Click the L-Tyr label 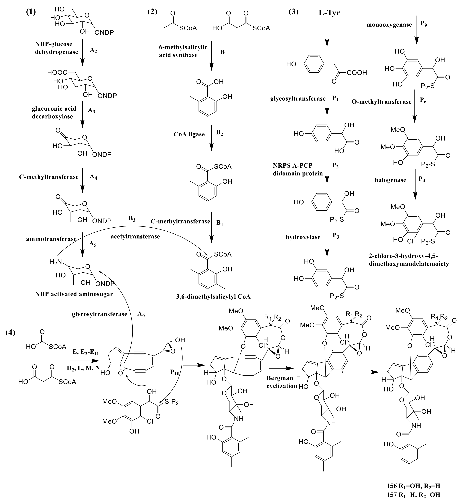click(329, 13)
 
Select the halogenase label click(390, 180)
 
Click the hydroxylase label click(303, 237)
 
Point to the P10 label click(175, 372)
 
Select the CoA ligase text click(189, 134)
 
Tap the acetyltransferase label click(135, 236)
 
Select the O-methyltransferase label click(382, 102)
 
